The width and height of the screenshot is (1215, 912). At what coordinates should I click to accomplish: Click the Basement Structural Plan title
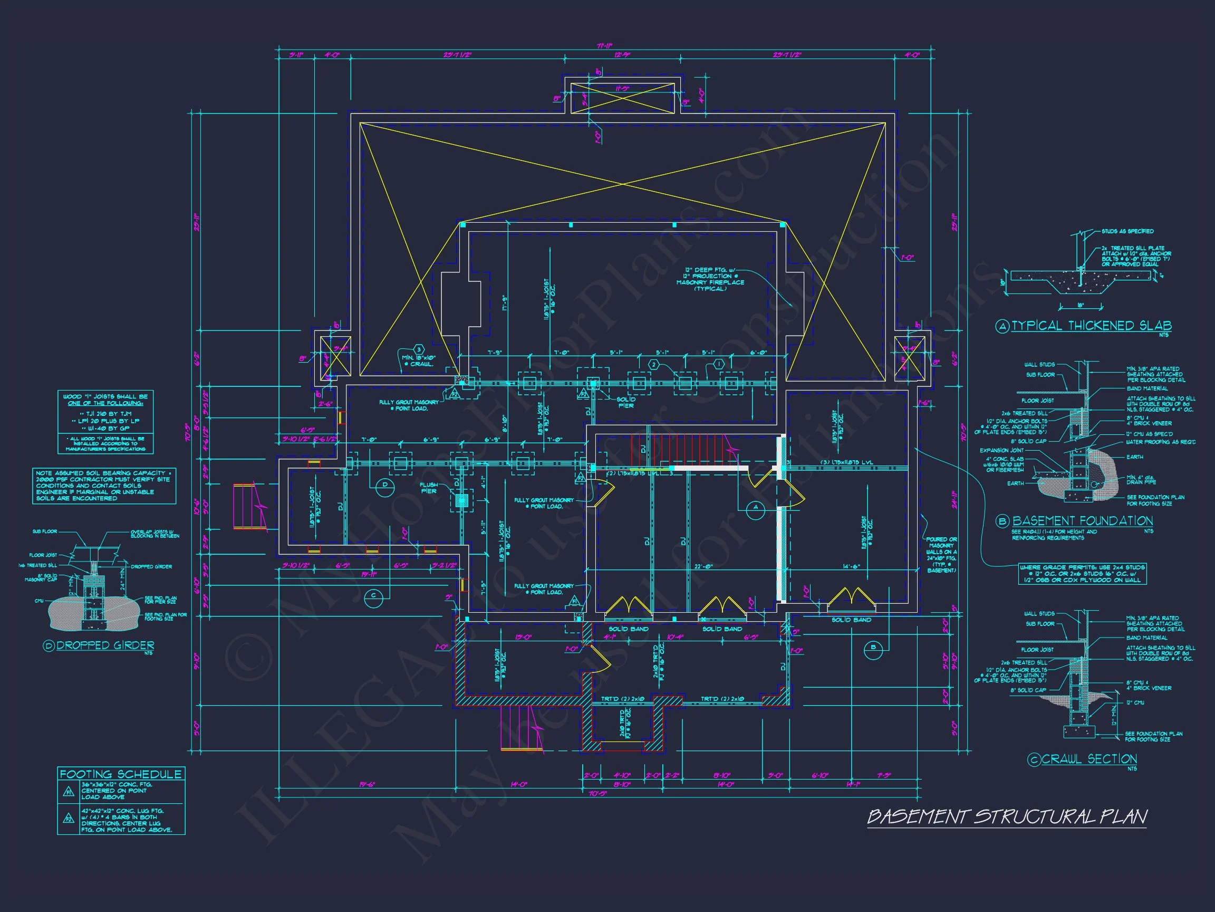coord(1006,818)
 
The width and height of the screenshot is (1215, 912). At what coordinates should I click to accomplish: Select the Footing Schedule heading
coord(120,774)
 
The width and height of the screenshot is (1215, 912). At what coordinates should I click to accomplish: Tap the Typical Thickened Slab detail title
coord(1091,326)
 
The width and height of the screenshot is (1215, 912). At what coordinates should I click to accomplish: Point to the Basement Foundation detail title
coord(1082,520)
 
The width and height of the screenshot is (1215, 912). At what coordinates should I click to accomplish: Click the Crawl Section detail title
coord(1089,759)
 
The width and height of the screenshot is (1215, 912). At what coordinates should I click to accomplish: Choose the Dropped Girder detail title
coord(105,645)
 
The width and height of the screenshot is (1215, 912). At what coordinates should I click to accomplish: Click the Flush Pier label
coord(428,488)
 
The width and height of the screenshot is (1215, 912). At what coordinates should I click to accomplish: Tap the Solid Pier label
coord(625,402)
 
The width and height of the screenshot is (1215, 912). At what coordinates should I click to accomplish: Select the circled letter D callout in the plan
coord(385,484)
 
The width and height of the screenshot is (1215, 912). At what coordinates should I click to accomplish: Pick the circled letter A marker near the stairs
coord(756,507)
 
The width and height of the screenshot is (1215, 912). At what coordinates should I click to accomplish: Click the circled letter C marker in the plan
coord(373,595)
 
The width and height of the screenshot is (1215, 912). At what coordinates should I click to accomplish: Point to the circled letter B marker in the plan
coord(873,648)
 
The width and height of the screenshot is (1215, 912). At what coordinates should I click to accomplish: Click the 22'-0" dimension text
coord(704,567)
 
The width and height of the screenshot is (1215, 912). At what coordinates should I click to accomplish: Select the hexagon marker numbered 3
coord(419,349)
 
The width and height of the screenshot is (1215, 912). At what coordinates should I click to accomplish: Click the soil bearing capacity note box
coord(104,486)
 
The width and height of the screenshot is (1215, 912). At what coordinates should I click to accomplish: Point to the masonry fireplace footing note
coord(710,279)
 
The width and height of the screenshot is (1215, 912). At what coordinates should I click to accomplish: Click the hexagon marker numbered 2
coord(653,365)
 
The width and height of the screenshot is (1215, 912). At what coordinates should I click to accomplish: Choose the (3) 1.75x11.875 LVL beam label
coord(846,462)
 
